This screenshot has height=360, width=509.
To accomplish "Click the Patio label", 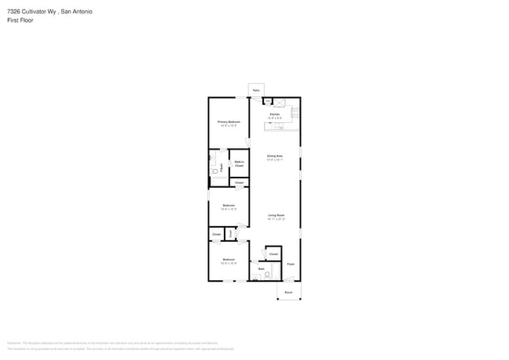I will coord(256,91).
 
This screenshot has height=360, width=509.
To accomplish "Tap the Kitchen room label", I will coord(275,114).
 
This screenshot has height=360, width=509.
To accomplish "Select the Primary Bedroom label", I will coord(229,121).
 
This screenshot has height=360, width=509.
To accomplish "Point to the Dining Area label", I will coord(274,156).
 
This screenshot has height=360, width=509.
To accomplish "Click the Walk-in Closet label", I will coord(239,164).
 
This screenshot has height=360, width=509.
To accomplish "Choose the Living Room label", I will coord(276,214).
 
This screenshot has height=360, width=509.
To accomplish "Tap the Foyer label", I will coord(291,264).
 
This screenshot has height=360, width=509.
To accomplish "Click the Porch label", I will coord(288,292).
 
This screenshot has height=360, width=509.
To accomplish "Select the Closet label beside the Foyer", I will coord(273,254).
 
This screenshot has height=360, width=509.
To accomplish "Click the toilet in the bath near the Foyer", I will coord(268,275).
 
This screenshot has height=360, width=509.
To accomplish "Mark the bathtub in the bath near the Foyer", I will coord(275,271).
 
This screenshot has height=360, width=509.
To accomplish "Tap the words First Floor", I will coord(20,20).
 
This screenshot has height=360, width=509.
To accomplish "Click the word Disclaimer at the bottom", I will coord(14,343).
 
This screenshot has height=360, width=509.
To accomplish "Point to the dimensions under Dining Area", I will coord(274,160).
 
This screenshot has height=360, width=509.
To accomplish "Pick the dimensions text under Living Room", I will coord(276,218).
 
